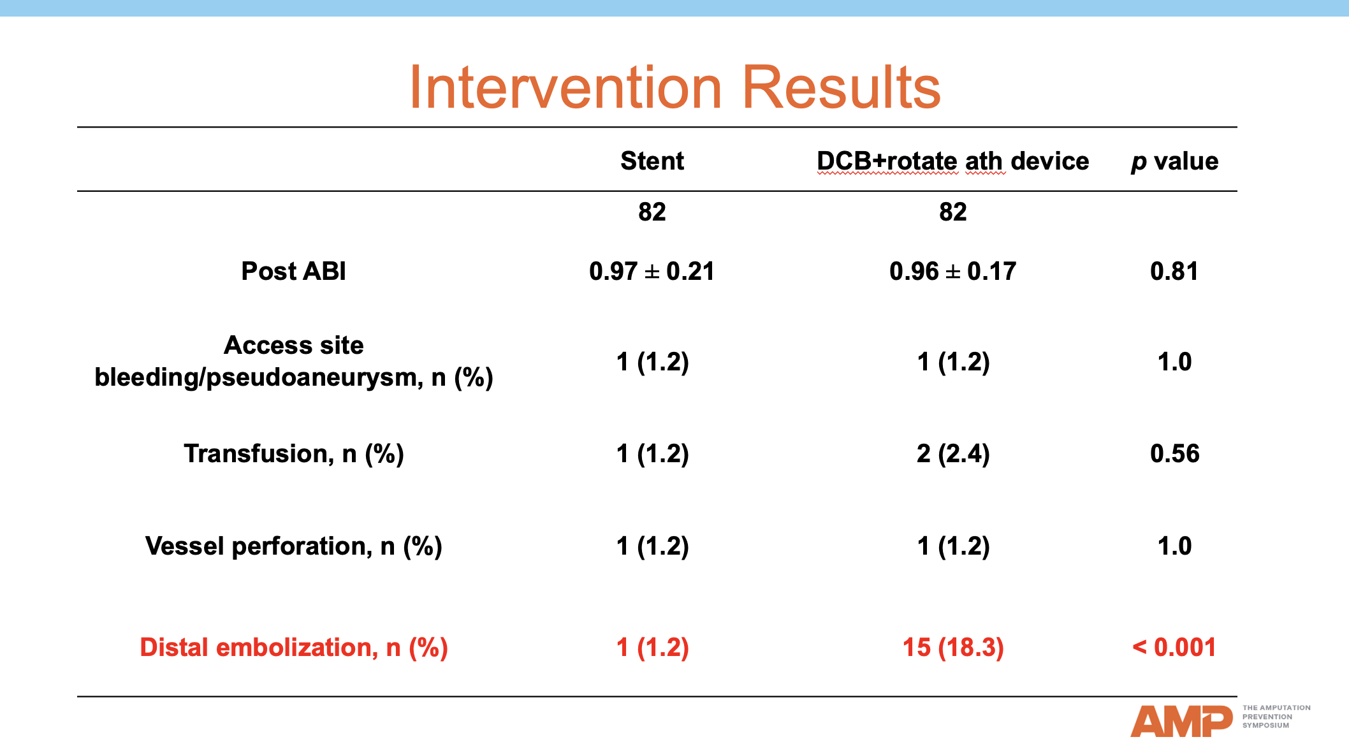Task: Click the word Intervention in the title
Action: [x=565, y=87]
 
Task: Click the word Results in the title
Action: [x=841, y=87]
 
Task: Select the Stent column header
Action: [x=652, y=161]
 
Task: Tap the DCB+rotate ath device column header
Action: [x=952, y=161]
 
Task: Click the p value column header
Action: [x=1174, y=161]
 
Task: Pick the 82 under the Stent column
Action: [x=652, y=212]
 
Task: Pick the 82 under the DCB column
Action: [x=952, y=212]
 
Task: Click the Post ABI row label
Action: [x=293, y=271]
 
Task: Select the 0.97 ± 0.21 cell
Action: [x=652, y=271]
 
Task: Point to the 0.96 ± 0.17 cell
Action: [x=952, y=271]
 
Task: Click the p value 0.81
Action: [x=1174, y=271]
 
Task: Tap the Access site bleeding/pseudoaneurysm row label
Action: [x=293, y=361]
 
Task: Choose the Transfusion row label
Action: [x=293, y=453]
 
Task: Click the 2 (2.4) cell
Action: [x=952, y=453]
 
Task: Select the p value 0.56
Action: [x=1174, y=453]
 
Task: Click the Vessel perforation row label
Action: [x=293, y=546]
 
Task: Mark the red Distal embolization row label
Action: [x=293, y=647]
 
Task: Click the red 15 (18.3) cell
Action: [x=952, y=647]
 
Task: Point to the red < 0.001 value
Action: [x=1174, y=647]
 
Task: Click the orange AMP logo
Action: [x=1181, y=721]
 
